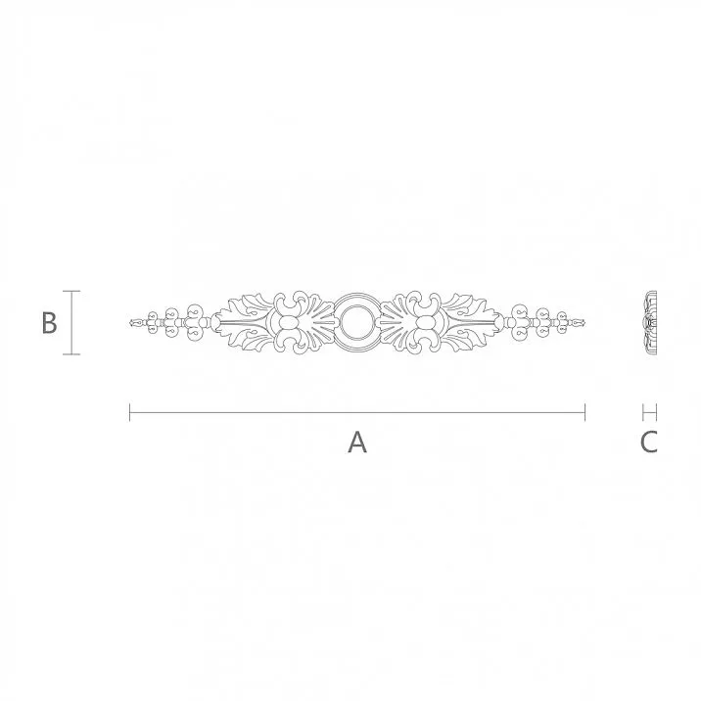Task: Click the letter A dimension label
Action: [x=357, y=443]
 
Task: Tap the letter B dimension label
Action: [x=49, y=322]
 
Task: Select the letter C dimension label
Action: [x=649, y=443]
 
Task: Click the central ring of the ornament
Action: [x=357, y=322]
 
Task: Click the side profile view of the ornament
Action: [x=648, y=322]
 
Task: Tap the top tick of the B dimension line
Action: [x=71, y=291]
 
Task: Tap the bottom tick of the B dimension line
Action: [x=71, y=354]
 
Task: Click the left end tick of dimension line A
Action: [x=130, y=412]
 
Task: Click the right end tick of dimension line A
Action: [x=585, y=412]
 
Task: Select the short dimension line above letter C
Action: [x=649, y=412]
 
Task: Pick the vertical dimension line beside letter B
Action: [x=71, y=322]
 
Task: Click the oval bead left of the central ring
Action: [x=289, y=323]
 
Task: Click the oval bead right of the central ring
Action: [x=426, y=323]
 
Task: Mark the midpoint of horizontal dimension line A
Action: [x=357, y=412]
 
